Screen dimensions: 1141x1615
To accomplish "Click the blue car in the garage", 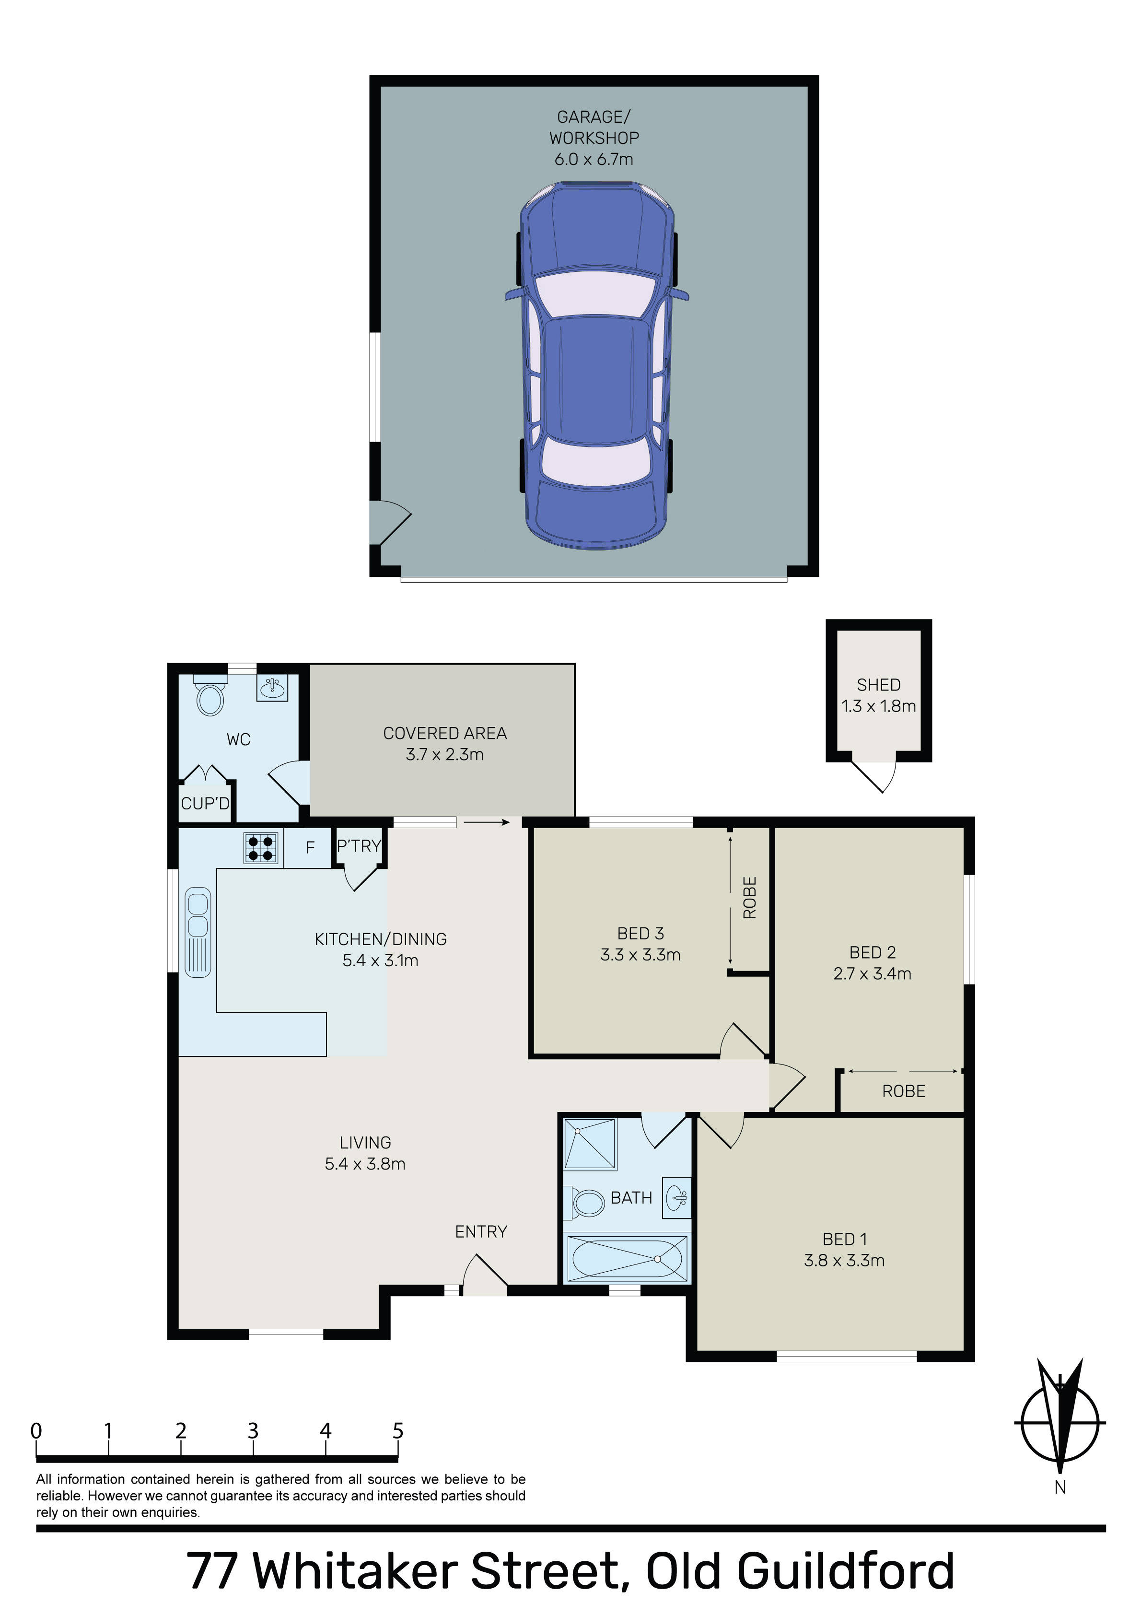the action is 596,366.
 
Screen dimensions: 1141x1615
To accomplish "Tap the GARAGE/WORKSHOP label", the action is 594,128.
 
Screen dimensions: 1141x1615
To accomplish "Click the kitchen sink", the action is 198,932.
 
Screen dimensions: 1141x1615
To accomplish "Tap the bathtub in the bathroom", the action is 627,1259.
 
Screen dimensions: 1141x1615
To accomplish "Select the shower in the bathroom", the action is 590,1145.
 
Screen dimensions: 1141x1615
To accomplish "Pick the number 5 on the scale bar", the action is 398,1431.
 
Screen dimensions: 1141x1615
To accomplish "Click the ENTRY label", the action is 481,1232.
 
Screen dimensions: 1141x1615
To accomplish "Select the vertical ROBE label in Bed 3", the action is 750,898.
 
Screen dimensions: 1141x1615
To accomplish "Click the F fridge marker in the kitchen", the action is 310,848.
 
